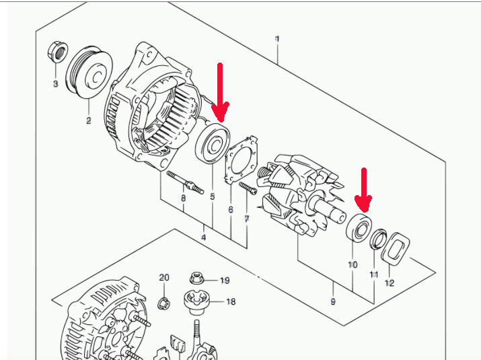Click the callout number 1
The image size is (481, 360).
point(277,40)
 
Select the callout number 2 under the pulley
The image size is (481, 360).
point(88,121)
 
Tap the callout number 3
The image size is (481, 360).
point(56,83)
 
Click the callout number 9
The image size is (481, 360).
point(333,301)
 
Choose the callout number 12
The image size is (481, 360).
point(389,283)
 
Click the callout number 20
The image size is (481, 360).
point(164,277)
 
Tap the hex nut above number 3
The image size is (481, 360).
point(57,51)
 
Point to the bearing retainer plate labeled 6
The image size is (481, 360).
point(240,159)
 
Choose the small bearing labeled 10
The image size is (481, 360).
point(359,228)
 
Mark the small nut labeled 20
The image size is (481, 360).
point(163,302)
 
